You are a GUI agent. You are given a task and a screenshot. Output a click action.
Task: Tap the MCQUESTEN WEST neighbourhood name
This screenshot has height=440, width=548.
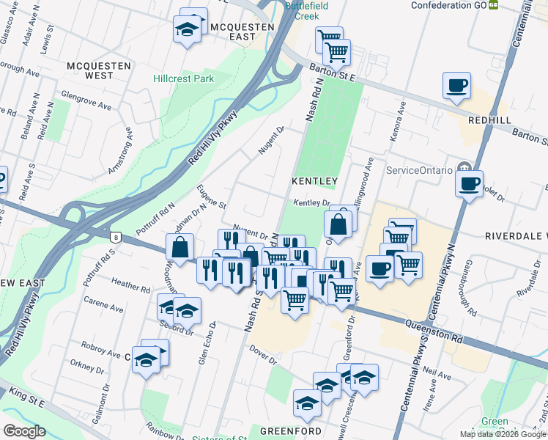pos(99,70)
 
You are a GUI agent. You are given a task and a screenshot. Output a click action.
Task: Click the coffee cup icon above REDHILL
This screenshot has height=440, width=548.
pos(456,86)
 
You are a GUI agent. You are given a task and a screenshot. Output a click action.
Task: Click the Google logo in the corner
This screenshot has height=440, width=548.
pos(23,431)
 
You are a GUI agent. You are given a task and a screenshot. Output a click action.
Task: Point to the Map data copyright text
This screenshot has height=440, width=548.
pos(503,434)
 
